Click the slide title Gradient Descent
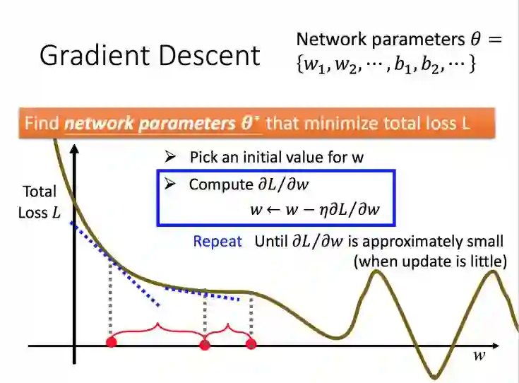click(x=150, y=55)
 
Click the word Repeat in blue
click(x=217, y=241)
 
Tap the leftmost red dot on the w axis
click(x=110, y=343)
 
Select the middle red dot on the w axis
click(x=205, y=345)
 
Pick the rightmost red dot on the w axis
click(x=251, y=344)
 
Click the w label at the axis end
click(x=479, y=355)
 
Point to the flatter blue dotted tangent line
click(x=208, y=293)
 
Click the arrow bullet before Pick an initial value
click(x=169, y=157)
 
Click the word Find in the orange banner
click(x=41, y=124)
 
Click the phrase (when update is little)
click(x=431, y=261)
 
